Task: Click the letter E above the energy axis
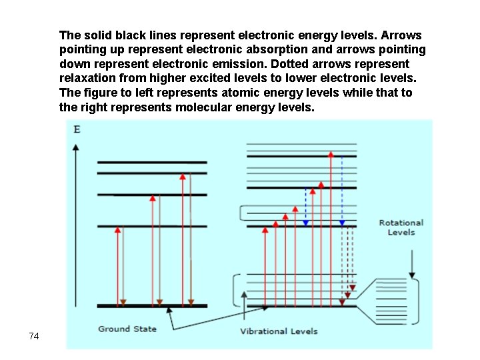click(x=77, y=129)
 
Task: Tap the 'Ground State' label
click(x=127, y=329)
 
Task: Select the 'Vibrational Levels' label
click(x=279, y=331)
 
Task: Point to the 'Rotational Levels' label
click(x=401, y=227)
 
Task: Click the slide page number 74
click(x=34, y=336)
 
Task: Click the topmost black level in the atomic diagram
click(x=152, y=162)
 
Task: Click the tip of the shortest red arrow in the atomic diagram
click(x=119, y=229)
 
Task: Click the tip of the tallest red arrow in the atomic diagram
click(x=182, y=177)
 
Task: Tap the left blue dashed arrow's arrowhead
click(x=306, y=223)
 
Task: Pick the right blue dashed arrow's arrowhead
click(x=342, y=223)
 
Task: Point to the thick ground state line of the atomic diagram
click(x=152, y=306)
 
